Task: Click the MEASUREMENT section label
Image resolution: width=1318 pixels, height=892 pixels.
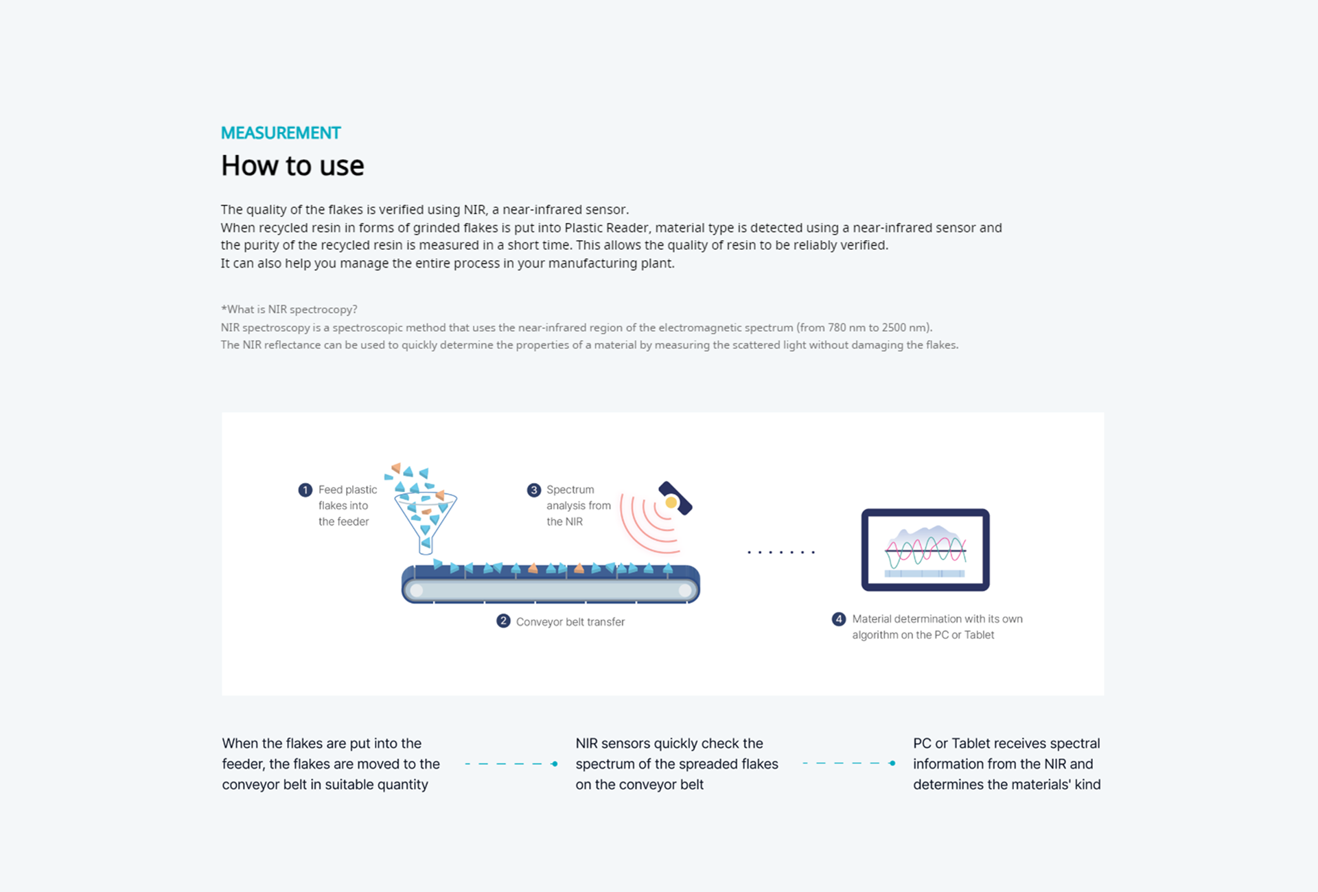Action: point(280,133)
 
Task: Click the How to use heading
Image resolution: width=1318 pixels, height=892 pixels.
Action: point(292,166)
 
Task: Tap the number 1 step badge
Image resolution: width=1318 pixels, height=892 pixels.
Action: point(305,490)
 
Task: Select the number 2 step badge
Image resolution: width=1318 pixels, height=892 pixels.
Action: point(503,621)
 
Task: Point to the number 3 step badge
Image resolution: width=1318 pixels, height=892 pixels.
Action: point(533,490)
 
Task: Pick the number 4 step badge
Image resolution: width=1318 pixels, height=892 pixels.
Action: point(839,619)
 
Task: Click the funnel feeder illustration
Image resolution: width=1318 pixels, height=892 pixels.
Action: point(426,521)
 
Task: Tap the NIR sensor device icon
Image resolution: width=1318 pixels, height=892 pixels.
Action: point(675,498)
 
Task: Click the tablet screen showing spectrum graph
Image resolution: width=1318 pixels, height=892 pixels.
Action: point(925,550)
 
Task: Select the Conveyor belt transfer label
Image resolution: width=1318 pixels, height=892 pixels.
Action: point(570,622)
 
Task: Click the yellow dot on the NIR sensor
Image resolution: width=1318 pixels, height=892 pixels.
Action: point(671,503)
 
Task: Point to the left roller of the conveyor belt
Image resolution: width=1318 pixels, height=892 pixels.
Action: point(416,590)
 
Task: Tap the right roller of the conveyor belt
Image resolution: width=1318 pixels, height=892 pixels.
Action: point(685,590)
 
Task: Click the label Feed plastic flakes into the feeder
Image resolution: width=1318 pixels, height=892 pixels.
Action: point(347,506)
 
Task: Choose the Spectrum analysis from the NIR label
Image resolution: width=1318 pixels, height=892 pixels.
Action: point(578,506)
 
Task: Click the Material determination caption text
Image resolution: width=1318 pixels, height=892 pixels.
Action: point(937,627)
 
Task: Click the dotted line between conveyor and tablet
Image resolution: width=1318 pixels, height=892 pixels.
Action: point(781,552)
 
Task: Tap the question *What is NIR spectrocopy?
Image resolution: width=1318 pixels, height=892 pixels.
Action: point(289,309)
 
